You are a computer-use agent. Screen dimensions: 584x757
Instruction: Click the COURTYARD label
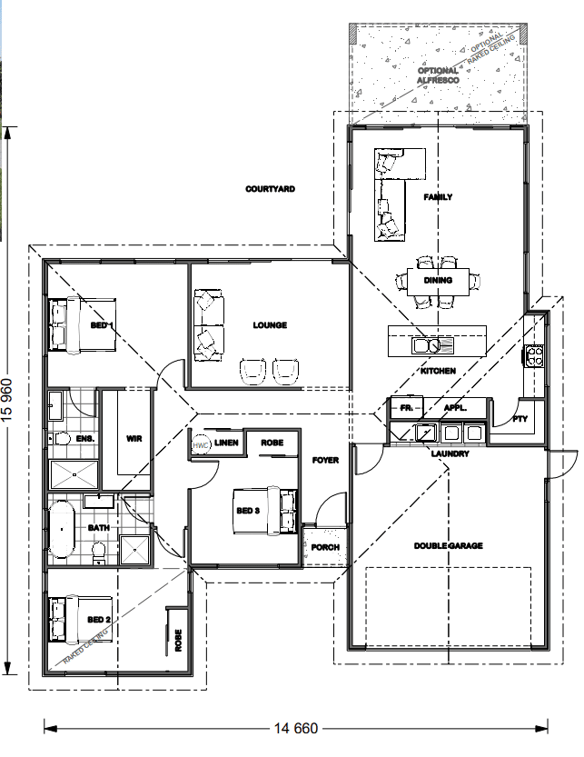pos(270,189)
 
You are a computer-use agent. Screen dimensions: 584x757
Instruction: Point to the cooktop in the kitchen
pos(534,357)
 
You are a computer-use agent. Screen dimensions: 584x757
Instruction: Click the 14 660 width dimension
pos(296,728)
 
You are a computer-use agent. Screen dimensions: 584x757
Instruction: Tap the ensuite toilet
pos(60,439)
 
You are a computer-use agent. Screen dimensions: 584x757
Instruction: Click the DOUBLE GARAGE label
pos(449,545)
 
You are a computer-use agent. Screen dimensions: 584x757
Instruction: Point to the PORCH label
pos(325,547)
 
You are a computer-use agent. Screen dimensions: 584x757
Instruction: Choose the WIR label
pos(134,438)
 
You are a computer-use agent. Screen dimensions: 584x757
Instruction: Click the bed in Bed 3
pos(265,511)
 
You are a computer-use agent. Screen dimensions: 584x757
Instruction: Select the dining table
pos(438,281)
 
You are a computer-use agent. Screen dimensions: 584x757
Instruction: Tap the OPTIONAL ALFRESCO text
pos(438,75)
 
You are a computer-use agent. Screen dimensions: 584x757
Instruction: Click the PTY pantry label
pos(520,419)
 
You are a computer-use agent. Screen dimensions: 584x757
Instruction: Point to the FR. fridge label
pos(406,408)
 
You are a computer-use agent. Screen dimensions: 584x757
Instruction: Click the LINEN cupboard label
pos(226,443)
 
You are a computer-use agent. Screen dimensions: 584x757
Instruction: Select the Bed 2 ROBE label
pos(178,640)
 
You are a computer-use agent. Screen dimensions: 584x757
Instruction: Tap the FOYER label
pos(325,460)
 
